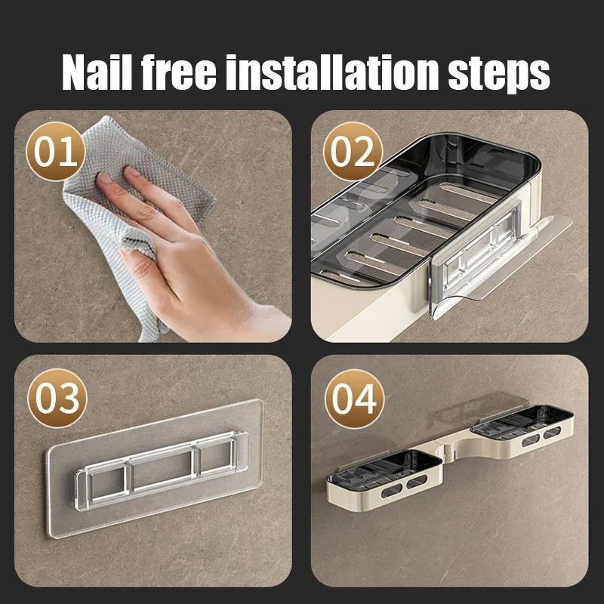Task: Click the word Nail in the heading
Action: (97, 72)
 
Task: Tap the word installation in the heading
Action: (332, 72)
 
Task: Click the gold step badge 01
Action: (55, 152)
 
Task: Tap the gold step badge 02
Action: (353, 152)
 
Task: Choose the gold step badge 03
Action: (57, 399)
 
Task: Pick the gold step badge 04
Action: (354, 399)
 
